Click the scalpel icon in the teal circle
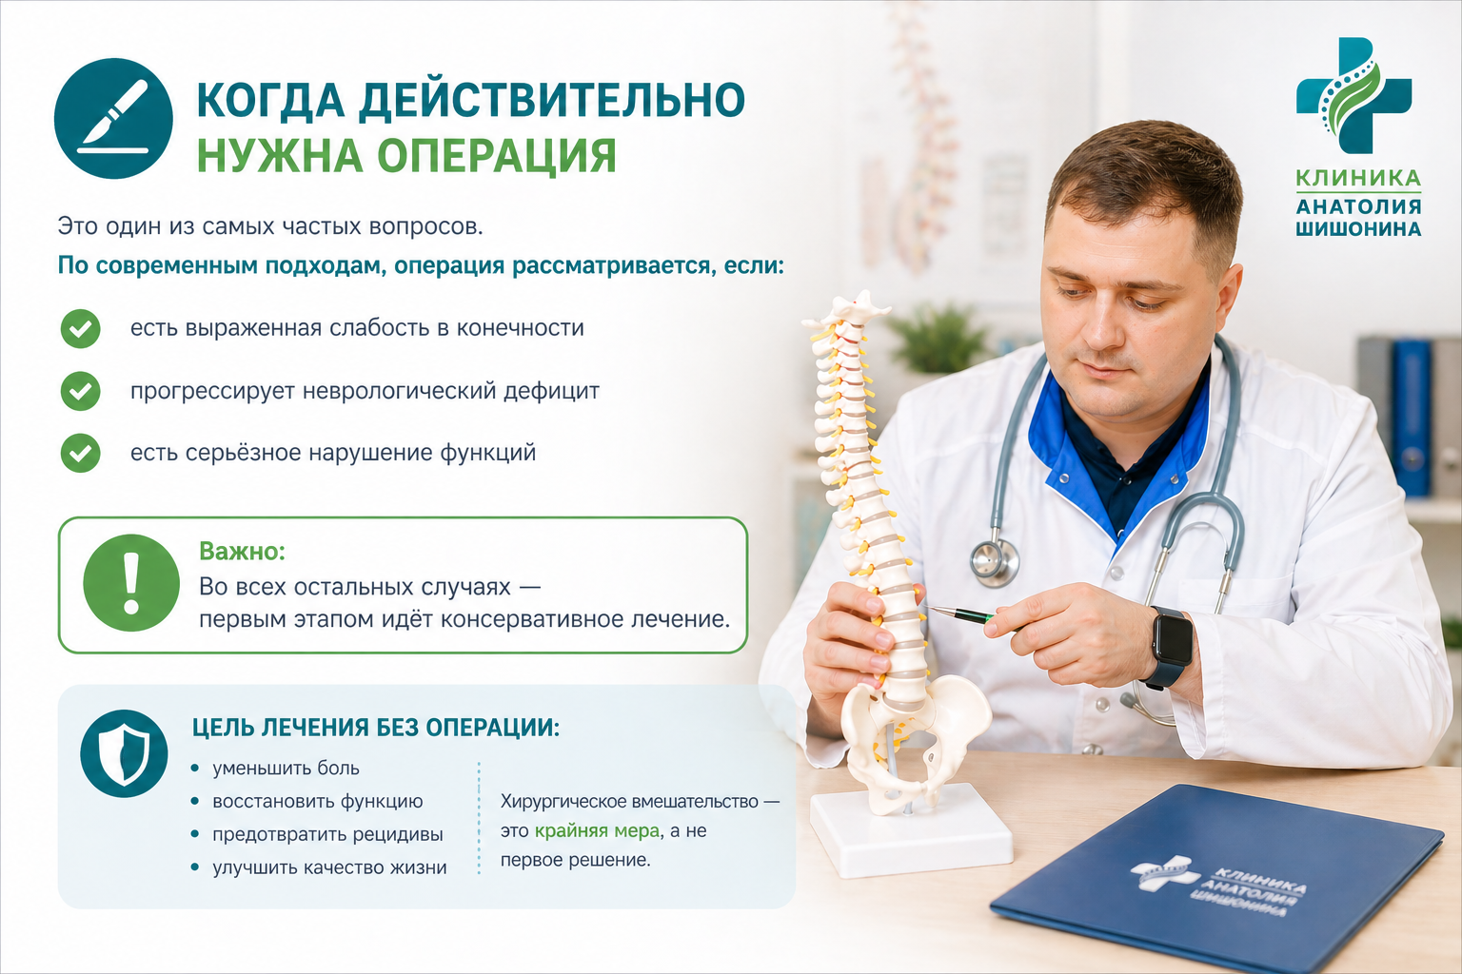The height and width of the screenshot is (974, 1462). pyautogui.click(x=113, y=118)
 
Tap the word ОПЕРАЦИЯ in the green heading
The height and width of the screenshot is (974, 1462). pyautogui.click(x=497, y=156)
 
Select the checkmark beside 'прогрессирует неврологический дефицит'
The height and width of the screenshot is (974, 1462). pyautogui.click(x=80, y=391)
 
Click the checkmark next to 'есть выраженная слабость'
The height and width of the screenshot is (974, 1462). pyautogui.click(x=80, y=328)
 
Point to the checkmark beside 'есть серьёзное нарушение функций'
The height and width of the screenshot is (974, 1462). pyautogui.click(x=80, y=453)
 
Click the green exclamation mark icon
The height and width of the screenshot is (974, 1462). pyautogui.click(x=131, y=582)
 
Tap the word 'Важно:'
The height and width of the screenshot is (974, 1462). pyautogui.click(x=242, y=552)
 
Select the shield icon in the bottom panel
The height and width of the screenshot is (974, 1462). pyautogui.click(x=124, y=753)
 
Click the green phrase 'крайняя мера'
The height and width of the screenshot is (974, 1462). pyautogui.click(x=597, y=830)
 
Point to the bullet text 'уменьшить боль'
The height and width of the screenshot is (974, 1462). pyautogui.click(x=286, y=769)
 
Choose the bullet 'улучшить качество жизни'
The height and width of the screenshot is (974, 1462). pyautogui.click(x=329, y=867)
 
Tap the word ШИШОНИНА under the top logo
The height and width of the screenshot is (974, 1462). pyautogui.click(x=1358, y=229)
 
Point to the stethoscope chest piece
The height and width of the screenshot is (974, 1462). pyautogui.click(x=995, y=562)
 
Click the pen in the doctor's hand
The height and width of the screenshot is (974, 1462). pyautogui.click(x=973, y=616)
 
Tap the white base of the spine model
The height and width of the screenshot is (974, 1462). pyautogui.click(x=911, y=830)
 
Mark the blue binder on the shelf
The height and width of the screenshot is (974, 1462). pyautogui.click(x=1412, y=418)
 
